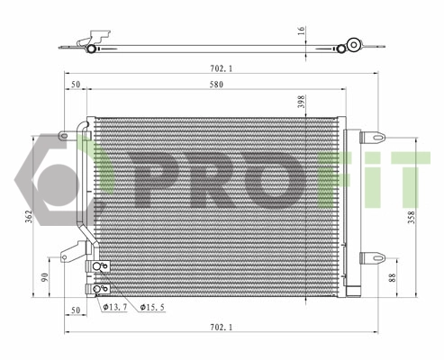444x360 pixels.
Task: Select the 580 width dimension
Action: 213,85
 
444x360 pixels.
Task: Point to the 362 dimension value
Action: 29,217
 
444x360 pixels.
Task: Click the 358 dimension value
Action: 413,218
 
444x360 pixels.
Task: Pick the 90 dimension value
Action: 46,277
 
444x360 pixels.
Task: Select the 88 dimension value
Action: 391,279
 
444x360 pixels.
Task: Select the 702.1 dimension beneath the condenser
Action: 213,327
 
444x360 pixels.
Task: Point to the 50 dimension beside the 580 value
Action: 76,85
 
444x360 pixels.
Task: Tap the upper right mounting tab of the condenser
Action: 372,138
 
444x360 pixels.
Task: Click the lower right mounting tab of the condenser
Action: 372,258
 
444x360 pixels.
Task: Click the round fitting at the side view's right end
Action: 354,44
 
